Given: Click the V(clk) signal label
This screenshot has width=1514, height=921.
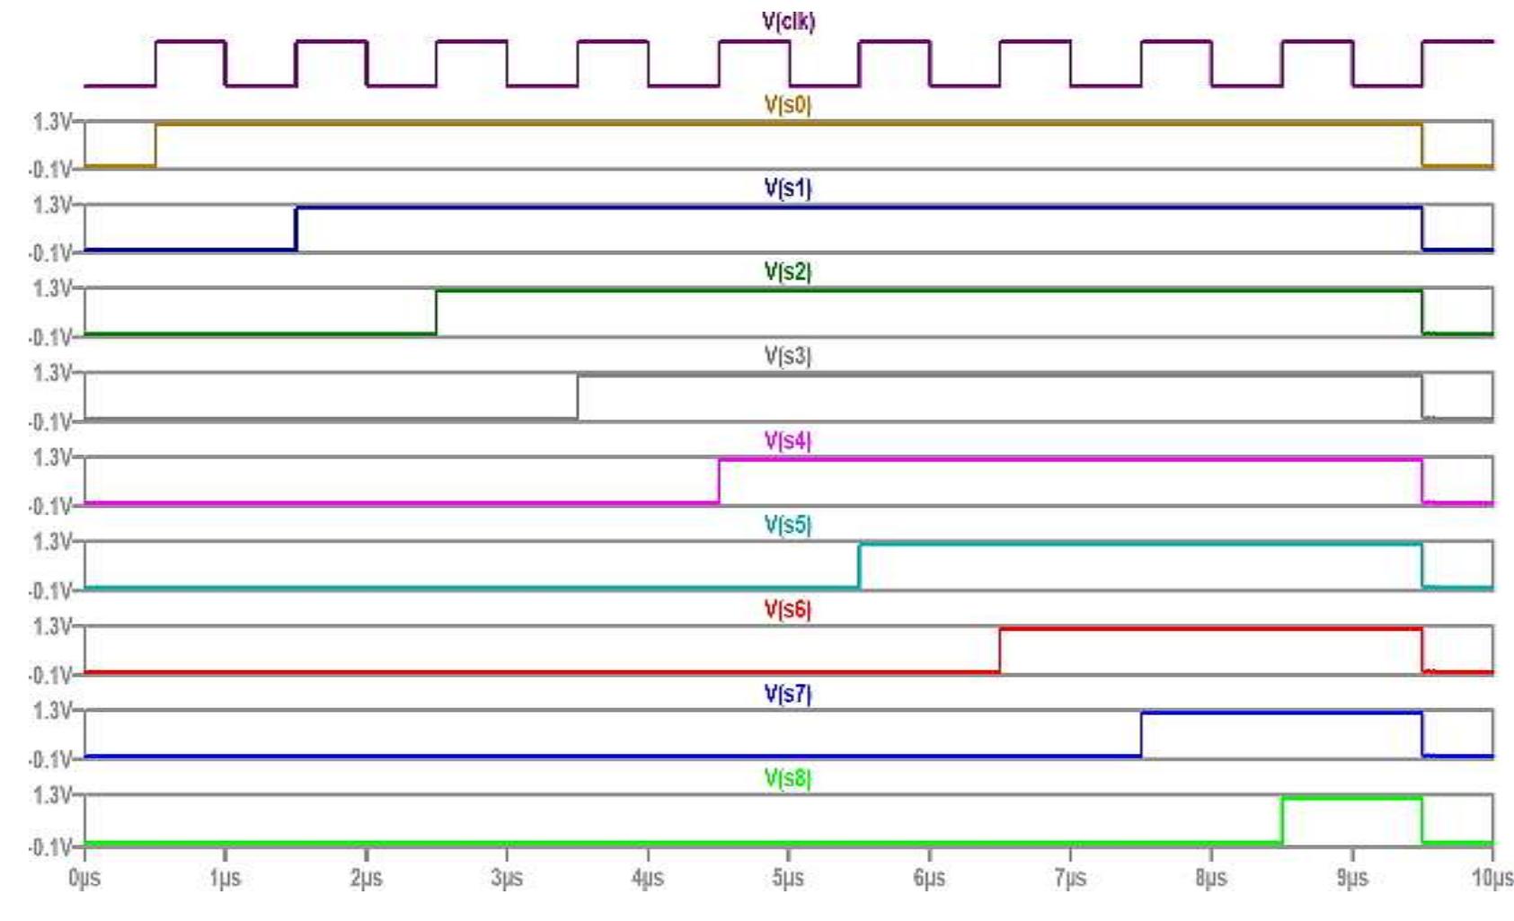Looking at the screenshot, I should pyautogui.click(x=788, y=21).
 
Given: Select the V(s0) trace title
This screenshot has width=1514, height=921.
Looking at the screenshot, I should pyautogui.click(x=787, y=105).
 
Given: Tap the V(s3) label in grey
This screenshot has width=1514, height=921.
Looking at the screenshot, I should pyautogui.click(x=787, y=356).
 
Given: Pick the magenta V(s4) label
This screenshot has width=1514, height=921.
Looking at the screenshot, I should pyautogui.click(x=787, y=440).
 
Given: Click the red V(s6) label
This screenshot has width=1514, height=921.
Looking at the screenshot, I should pyautogui.click(x=787, y=609).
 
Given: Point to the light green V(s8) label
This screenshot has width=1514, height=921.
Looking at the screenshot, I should pyautogui.click(x=787, y=778).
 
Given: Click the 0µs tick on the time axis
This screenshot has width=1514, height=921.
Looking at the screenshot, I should pyautogui.click(x=84, y=877).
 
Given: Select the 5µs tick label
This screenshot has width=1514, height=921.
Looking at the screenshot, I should pyautogui.click(x=788, y=877).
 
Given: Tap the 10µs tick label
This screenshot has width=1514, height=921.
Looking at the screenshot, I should pyautogui.click(x=1492, y=877).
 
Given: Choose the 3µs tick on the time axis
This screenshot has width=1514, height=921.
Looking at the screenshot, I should pyautogui.click(x=507, y=877).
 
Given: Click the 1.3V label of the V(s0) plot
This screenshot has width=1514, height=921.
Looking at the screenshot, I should pyautogui.click(x=52, y=121).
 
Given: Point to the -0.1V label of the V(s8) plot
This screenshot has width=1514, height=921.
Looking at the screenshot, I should pyautogui.click(x=50, y=847).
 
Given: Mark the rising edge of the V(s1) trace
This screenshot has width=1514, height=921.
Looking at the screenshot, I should pyautogui.click(x=297, y=229).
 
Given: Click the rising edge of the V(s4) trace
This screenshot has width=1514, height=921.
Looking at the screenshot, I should pyautogui.click(x=719, y=482).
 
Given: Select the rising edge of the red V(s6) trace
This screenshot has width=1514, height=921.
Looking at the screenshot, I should pyautogui.click(x=1000, y=651).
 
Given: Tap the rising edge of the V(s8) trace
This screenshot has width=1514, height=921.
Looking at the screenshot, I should pyautogui.click(x=1282, y=820).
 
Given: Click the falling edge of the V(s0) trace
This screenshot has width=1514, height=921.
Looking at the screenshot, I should pyautogui.click(x=1422, y=145).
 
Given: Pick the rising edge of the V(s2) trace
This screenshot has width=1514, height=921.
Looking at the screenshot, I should pyautogui.click(x=437, y=313).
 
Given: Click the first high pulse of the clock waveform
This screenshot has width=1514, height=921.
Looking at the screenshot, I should pyautogui.click(x=190, y=41).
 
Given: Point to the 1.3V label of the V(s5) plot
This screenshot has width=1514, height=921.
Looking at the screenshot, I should pyautogui.click(x=52, y=542).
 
